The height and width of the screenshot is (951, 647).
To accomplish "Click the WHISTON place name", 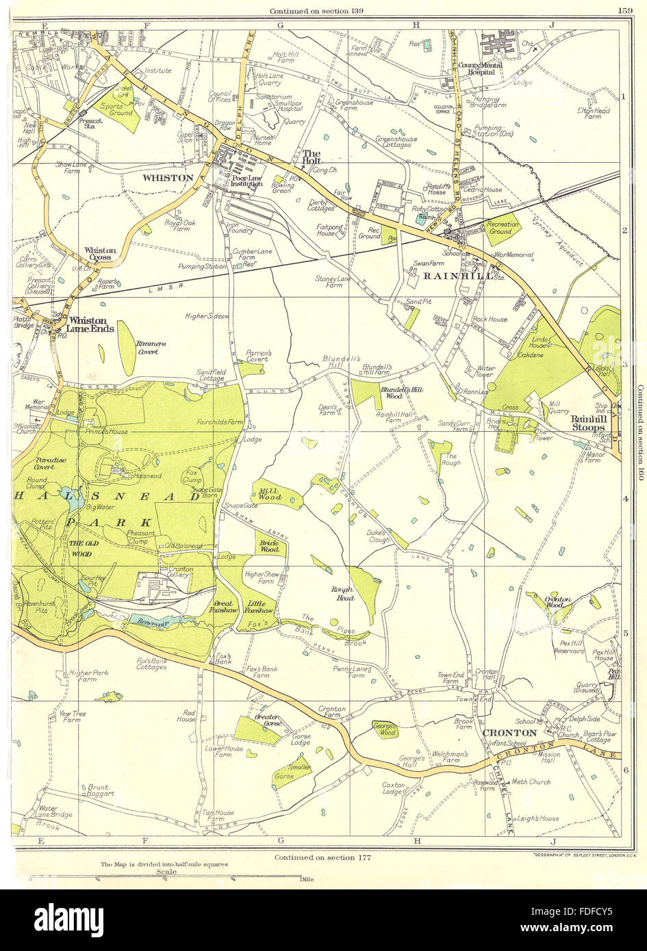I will click(x=168, y=178).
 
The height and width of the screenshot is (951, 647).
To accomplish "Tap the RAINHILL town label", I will click(x=447, y=276).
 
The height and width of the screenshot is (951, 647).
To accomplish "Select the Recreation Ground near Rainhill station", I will click(x=505, y=229).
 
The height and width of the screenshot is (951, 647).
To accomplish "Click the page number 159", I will click(x=624, y=10).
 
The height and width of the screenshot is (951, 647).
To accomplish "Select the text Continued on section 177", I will click(x=322, y=857).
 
